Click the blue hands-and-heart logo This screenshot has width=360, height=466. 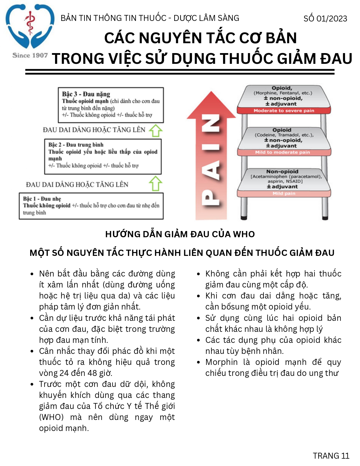30,27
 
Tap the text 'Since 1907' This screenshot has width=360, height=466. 30,55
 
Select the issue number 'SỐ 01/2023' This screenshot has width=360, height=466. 325,19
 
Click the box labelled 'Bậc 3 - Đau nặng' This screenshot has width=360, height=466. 111,105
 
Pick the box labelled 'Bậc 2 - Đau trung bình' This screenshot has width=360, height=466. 103,156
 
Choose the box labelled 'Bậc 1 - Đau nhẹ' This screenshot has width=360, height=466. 91,206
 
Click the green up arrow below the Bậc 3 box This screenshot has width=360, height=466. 155,131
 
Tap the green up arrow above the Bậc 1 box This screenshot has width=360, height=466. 155,183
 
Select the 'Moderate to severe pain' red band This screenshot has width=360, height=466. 284,110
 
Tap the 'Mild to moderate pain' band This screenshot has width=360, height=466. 282,152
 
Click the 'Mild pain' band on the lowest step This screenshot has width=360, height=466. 284,193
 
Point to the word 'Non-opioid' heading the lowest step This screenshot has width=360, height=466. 282,171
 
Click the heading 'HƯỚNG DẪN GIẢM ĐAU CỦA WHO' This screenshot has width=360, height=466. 180,234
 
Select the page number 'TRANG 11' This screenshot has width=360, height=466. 331,456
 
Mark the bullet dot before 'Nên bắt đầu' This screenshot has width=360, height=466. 32,274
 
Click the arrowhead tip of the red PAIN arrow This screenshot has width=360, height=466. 211,93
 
